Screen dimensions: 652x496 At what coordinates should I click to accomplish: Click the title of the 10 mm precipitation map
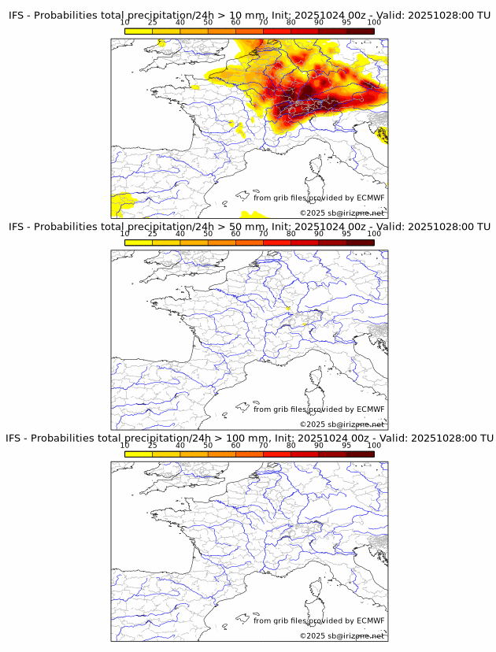[x=249, y=15]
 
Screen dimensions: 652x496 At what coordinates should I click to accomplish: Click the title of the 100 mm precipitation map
[x=249, y=438]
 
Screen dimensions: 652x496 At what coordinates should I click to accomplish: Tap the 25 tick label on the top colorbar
[x=153, y=22]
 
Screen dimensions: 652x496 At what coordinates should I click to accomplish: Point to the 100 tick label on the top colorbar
[x=374, y=22]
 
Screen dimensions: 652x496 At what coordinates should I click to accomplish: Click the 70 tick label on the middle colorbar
[x=263, y=234]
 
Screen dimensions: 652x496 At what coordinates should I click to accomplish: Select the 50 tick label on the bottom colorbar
[x=208, y=446]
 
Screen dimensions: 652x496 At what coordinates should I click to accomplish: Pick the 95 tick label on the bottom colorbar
[x=346, y=446]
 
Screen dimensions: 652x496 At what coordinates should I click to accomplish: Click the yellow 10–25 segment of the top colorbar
[x=139, y=31]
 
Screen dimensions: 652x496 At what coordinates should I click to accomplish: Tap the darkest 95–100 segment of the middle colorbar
[x=360, y=243]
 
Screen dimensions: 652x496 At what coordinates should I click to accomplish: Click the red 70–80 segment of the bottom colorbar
[x=277, y=454]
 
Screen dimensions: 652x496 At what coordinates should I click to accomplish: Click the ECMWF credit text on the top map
[x=319, y=198]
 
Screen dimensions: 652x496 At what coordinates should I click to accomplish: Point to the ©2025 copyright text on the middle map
[x=342, y=424]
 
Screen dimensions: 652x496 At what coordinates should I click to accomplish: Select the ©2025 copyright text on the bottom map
[x=342, y=635]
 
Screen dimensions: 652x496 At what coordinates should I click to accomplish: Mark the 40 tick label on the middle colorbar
[x=180, y=234]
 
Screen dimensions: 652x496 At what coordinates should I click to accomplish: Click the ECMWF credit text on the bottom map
[x=319, y=621]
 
